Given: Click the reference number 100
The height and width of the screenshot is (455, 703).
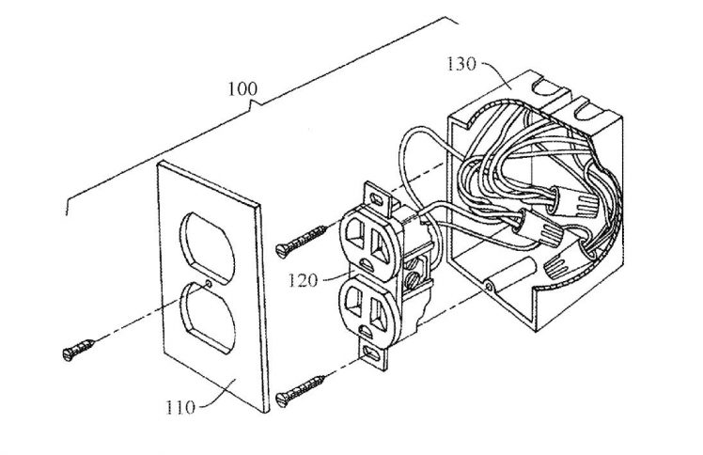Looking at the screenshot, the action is (242, 88).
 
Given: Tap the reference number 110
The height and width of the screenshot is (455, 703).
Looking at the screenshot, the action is (180, 407).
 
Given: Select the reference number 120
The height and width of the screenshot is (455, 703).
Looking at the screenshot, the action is (302, 281).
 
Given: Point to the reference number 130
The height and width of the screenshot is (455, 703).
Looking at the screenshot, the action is (461, 64).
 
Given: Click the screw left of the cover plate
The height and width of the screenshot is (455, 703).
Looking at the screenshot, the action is (79, 350).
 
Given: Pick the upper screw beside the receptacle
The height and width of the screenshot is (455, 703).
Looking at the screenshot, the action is (302, 242).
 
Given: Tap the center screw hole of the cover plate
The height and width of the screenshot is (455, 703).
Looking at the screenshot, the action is (209, 283).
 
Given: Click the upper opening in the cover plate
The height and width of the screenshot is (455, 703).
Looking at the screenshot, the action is (207, 247).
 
